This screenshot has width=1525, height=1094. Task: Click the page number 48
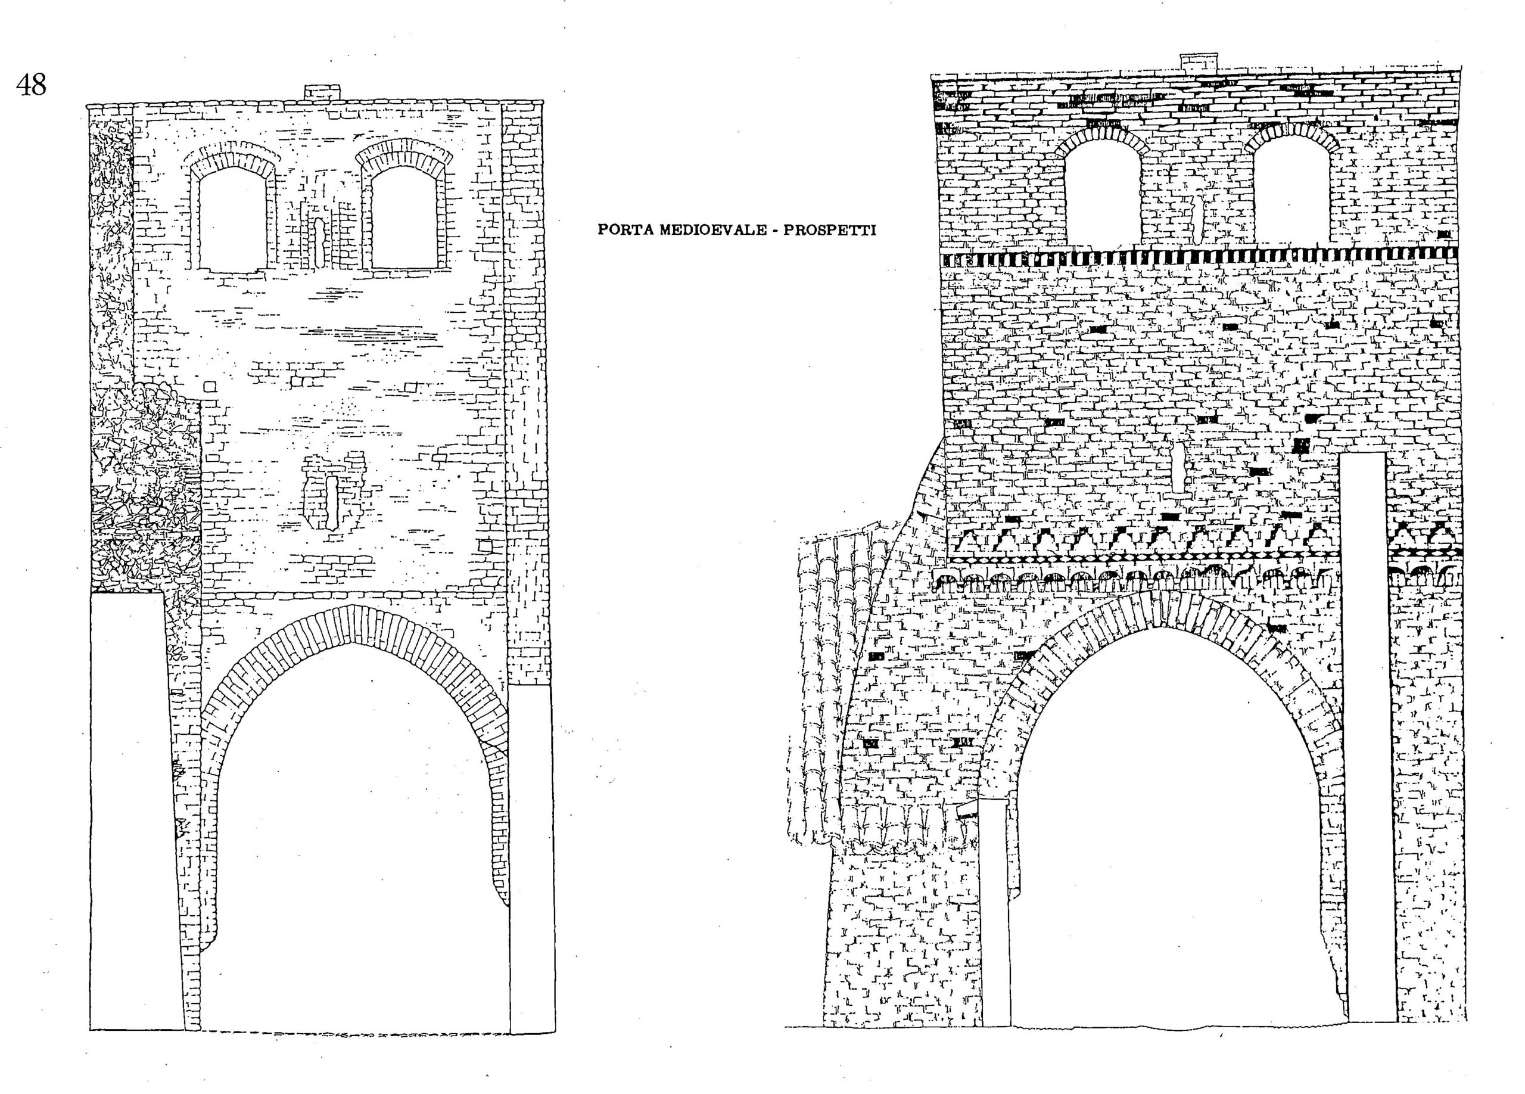[32, 85]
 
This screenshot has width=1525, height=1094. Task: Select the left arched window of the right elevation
[1101, 192]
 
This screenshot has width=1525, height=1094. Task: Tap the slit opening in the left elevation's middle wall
[331, 502]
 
